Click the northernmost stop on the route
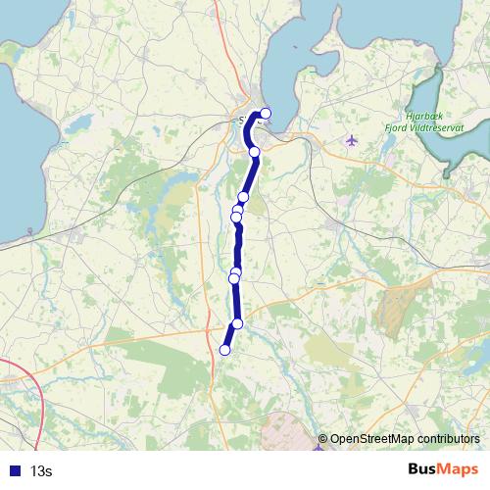click(x=265, y=113)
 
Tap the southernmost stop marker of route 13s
click(x=224, y=350)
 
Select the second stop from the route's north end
click(x=255, y=151)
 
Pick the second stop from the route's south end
click(x=237, y=324)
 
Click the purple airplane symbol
click(x=353, y=139)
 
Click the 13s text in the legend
click(x=41, y=471)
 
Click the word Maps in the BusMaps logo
click(x=457, y=470)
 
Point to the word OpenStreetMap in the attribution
click(x=370, y=439)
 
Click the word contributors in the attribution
click(x=447, y=439)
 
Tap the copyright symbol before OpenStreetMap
click(x=322, y=439)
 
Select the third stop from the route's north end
click(x=243, y=197)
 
